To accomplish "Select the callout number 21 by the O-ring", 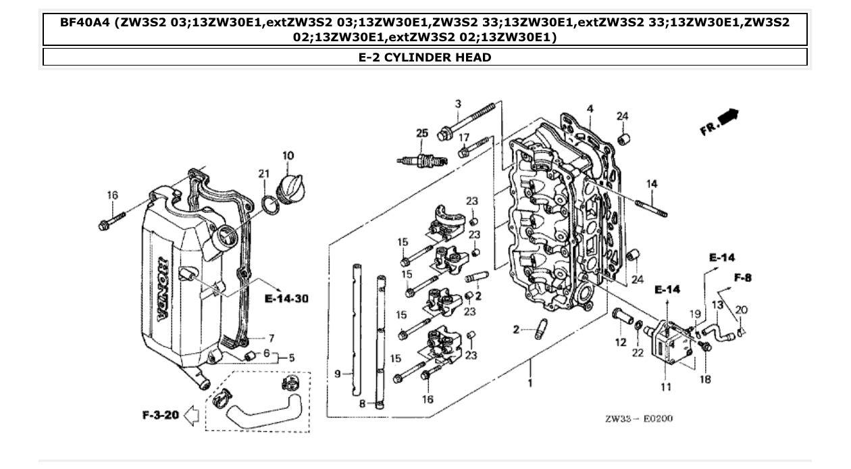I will (x=263, y=174).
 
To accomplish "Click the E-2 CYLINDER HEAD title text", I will (x=425, y=57).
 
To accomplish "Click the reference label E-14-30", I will (x=286, y=299).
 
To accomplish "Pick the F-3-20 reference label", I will (x=160, y=414).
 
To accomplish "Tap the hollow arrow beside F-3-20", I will (x=191, y=415).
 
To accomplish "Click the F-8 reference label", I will (x=743, y=277).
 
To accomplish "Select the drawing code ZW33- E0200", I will (x=638, y=418).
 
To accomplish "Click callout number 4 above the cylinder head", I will (x=590, y=109).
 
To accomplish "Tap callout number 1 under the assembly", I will (x=530, y=383).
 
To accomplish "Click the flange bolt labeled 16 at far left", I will (x=112, y=220).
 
